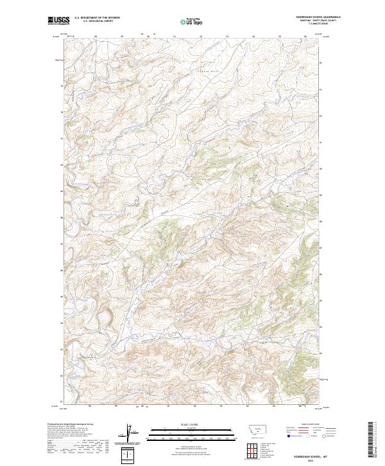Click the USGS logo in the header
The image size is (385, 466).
point(58,21)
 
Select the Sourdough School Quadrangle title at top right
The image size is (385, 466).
point(318,17)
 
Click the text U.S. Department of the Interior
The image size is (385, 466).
point(97,18)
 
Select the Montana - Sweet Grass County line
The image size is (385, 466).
point(318,21)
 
